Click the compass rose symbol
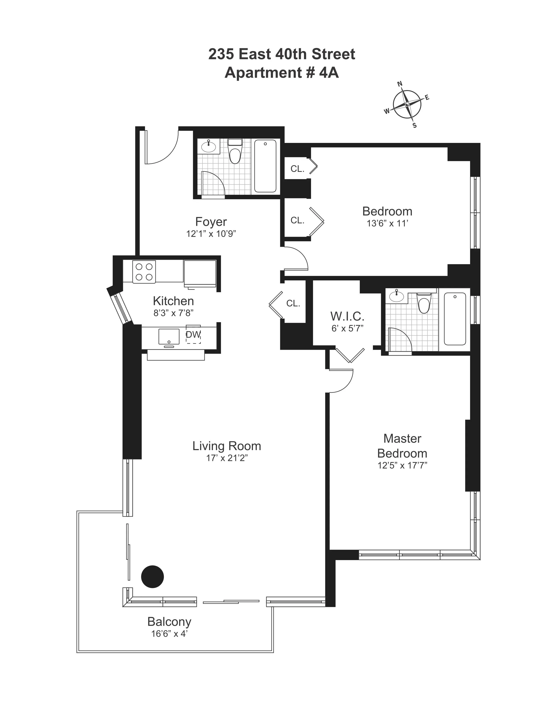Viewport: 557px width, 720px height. (407, 104)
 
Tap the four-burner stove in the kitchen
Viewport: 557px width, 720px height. (144, 272)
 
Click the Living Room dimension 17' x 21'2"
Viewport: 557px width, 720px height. (227, 458)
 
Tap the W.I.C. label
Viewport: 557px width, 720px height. (347, 317)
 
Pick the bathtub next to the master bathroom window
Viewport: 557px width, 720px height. (455, 319)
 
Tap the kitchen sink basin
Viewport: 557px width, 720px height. (169, 336)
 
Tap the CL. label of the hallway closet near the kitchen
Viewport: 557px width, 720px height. (293, 303)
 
